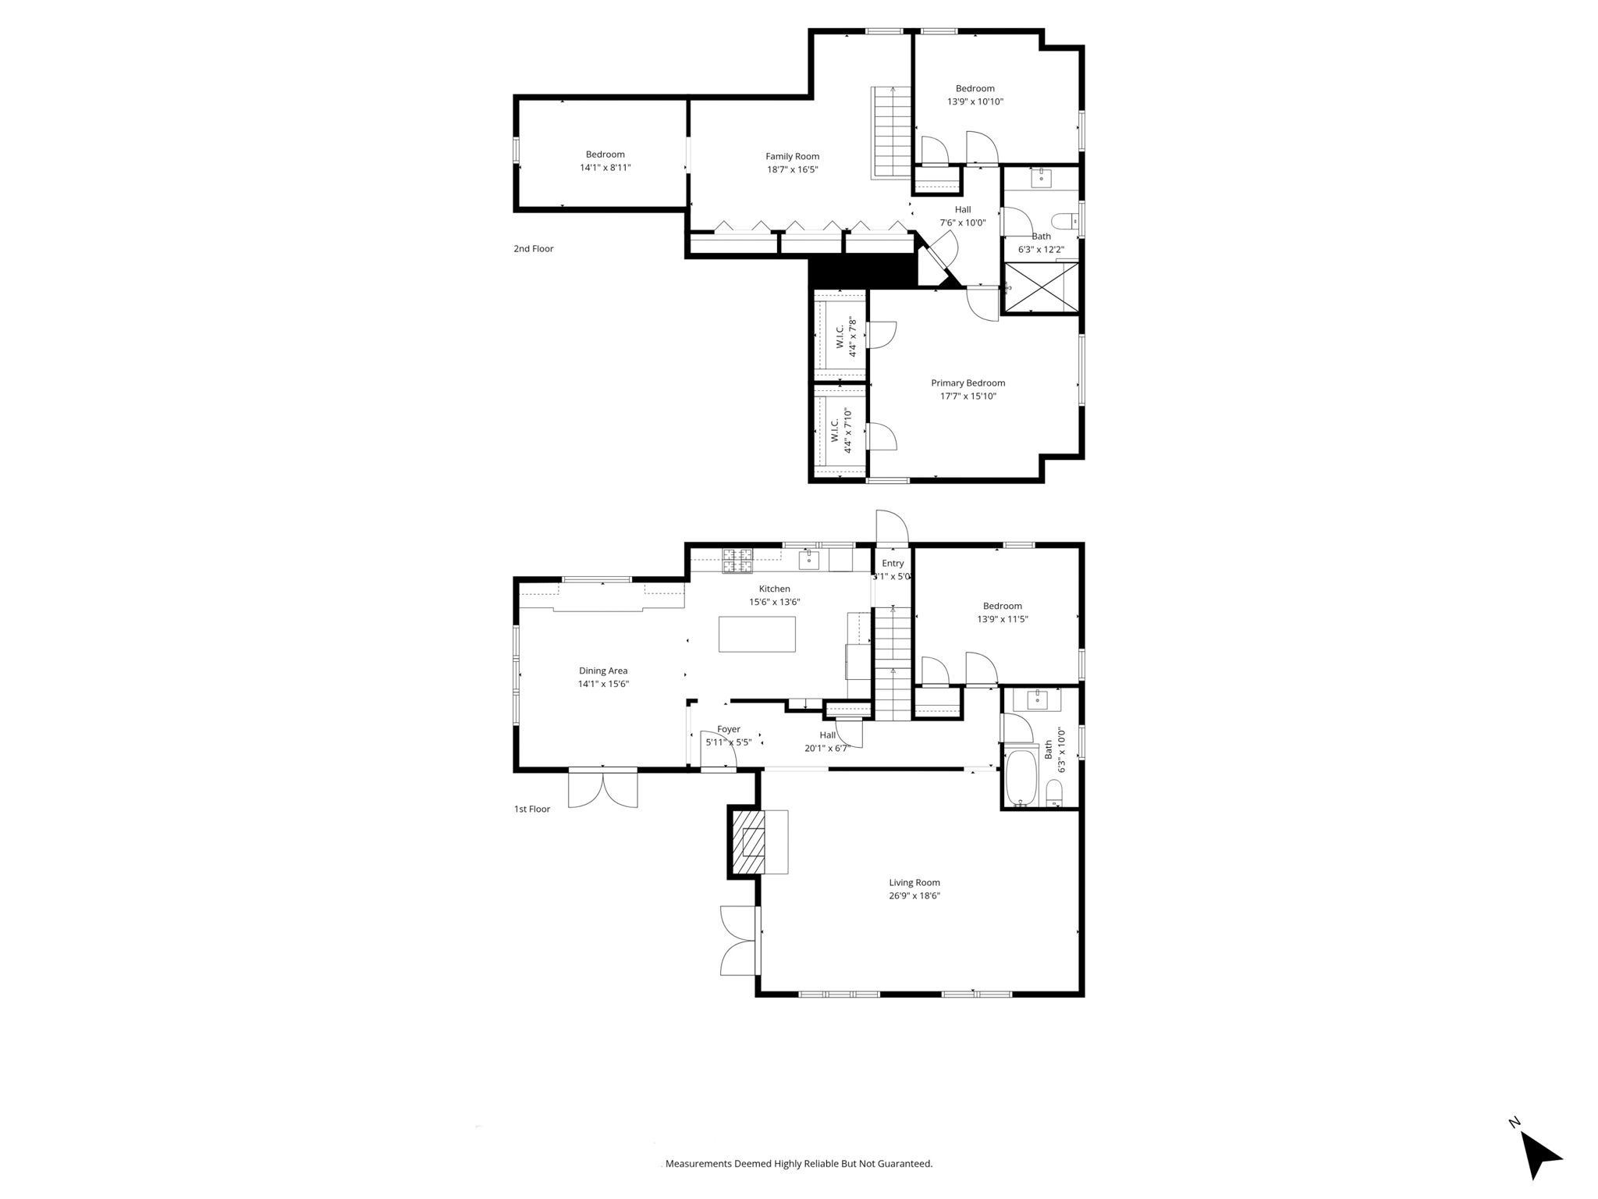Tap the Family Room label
pos(792,156)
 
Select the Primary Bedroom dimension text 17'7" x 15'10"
pos(968,396)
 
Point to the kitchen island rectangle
pos(757,634)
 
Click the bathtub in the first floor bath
pos(1021,777)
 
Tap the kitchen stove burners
pos(737,560)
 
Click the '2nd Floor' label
pos(533,249)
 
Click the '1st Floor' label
pos(531,809)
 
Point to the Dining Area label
pos(602,671)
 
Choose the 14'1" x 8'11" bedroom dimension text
pos(605,168)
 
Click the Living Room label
pos(914,882)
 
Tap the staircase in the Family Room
pos(892,132)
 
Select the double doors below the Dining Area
pos(602,788)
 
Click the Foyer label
pos(728,729)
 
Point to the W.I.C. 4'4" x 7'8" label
pos(846,337)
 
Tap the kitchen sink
pos(809,559)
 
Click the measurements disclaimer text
pos(798,1163)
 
